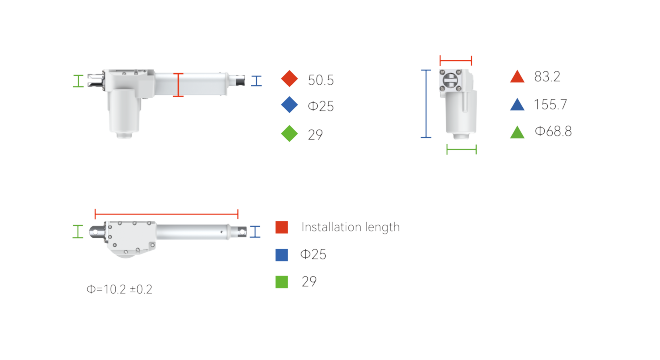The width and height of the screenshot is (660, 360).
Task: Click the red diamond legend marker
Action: tap(290, 79)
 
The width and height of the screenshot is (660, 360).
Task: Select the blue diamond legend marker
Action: tap(290, 105)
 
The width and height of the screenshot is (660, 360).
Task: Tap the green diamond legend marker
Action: tap(290, 133)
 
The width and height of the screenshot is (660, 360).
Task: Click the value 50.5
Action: tap(321, 80)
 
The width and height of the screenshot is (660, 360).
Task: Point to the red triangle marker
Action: tap(517, 77)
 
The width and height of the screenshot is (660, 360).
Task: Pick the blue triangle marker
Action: tap(517, 104)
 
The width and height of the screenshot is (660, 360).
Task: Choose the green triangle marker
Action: tap(517, 132)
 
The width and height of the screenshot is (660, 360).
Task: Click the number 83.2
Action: tap(547, 77)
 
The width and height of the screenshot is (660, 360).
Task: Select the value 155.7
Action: tap(551, 104)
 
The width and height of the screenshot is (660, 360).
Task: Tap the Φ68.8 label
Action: tap(553, 131)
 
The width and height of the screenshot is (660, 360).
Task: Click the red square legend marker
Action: tap(282, 227)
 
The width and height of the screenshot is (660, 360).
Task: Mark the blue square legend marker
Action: tap(282, 255)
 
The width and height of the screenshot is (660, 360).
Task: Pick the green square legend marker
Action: tap(282, 282)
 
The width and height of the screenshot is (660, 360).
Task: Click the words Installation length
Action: tap(350, 227)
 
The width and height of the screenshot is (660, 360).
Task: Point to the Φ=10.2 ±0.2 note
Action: tap(120, 289)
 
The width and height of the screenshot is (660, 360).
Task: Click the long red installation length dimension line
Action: tap(167, 214)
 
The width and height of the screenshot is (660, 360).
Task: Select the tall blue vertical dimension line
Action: tap(426, 104)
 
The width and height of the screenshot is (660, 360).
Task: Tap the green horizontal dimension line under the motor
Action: tap(462, 149)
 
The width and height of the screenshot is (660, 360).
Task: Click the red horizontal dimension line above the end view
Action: tap(456, 61)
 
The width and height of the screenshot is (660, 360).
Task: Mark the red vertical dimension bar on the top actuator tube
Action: tap(178, 85)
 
